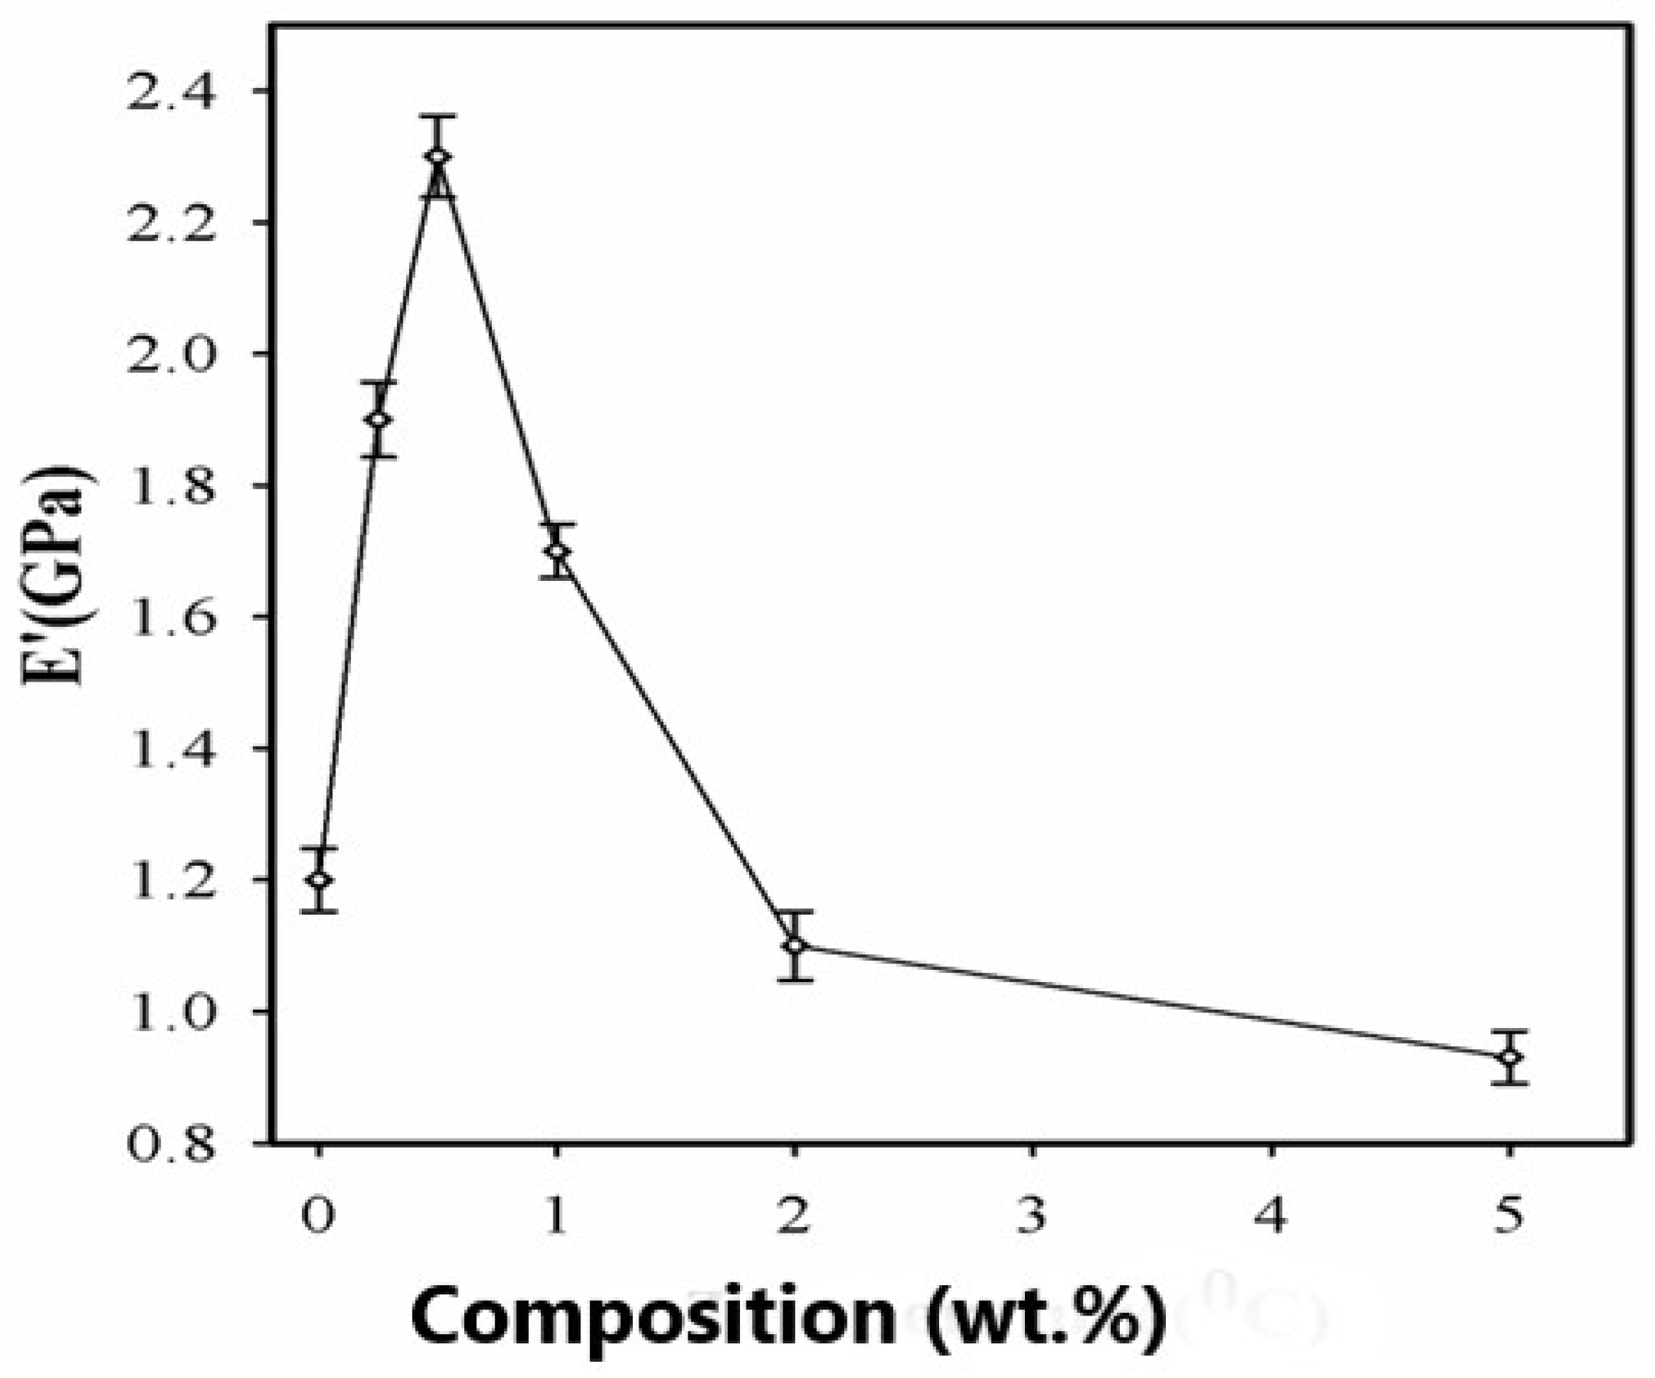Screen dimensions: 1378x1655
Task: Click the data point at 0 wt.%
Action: tap(318, 879)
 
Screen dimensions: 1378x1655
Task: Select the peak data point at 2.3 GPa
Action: tap(437, 157)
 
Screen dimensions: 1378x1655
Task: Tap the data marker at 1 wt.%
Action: tap(556, 550)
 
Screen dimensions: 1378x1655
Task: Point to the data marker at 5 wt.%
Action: tap(1509, 1056)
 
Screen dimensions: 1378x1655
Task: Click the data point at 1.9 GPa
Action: tap(378, 419)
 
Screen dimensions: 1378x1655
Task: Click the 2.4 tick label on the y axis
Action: tap(170, 92)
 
